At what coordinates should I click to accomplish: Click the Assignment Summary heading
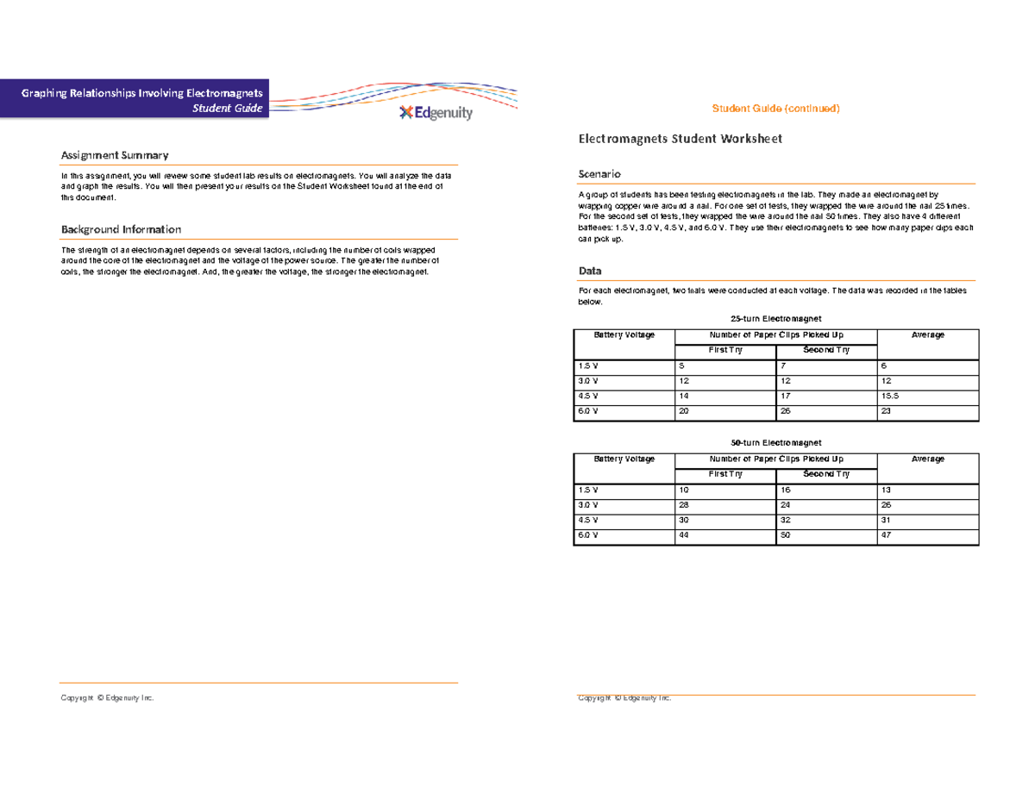114,155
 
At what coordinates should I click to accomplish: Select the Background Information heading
121,229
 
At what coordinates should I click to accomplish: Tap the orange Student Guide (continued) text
775,109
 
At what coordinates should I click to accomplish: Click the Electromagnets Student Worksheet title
680,139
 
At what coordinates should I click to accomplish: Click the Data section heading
590,271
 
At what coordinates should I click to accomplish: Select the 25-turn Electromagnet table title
775,318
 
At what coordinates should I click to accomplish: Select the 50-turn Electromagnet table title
775,441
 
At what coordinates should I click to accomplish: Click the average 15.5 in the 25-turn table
890,396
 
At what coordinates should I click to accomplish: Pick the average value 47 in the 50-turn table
886,535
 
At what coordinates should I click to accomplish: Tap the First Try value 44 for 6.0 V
685,535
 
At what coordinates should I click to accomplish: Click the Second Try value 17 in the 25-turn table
785,396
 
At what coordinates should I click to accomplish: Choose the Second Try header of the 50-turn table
825,474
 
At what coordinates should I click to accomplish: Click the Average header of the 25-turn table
927,334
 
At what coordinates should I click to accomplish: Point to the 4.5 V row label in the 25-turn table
588,396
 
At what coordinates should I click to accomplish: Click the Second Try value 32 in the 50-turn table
785,521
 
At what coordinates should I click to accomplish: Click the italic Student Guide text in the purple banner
234,109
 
